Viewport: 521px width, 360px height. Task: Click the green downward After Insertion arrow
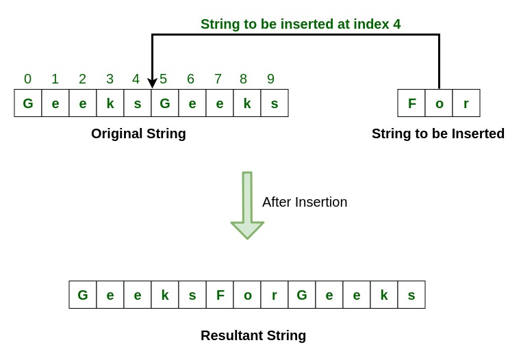tap(247, 205)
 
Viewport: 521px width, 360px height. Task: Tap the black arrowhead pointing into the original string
tap(152, 83)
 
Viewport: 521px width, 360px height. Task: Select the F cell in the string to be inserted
tap(411, 103)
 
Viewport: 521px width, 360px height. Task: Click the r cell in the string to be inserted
tap(466, 103)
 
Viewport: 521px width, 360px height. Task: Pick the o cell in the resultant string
tap(247, 295)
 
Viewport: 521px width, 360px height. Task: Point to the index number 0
tap(27, 79)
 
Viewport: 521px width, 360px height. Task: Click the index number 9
tap(270, 79)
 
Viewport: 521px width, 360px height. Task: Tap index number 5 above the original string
tap(163, 79)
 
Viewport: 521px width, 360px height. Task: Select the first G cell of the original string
tap(28, 103)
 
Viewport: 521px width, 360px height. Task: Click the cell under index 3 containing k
tap(110, 103)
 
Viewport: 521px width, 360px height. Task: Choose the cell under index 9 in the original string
tap(275, 103)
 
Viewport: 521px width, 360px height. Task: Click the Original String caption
tap(138, 133)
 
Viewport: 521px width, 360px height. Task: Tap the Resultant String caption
tap(253, 335)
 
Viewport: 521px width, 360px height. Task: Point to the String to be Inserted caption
tap(438, 133)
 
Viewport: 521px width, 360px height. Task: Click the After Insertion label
tap(305, 202)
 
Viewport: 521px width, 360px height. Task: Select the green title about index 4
tap(301, 24)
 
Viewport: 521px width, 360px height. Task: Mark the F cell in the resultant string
tap(220, 295)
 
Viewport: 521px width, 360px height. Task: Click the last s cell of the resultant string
tap(411, 295)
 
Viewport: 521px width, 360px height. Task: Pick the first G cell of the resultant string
tap(83, 295)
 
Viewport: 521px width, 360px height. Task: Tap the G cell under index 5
tap(165, 103)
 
